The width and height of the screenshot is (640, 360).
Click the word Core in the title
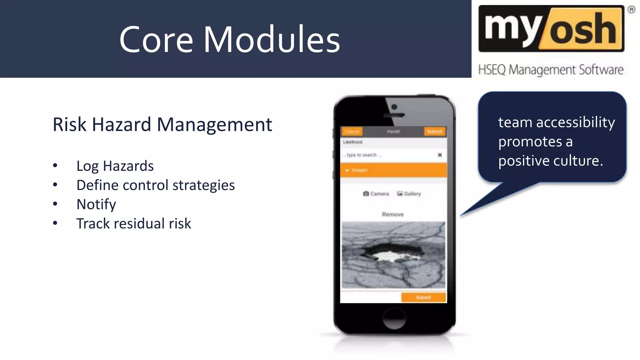156,40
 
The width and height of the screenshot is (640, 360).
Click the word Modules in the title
272,40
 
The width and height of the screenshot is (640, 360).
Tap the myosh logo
551,29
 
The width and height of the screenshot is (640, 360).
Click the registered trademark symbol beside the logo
631,10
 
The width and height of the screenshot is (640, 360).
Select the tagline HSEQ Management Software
551,70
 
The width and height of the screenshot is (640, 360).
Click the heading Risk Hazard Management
162,124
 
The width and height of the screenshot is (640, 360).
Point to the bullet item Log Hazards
115,166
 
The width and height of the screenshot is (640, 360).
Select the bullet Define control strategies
155,185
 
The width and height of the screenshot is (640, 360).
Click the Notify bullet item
96,204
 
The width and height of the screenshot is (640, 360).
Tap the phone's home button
394,318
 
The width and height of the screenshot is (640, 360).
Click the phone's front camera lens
394,107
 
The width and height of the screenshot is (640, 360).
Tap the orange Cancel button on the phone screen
352,132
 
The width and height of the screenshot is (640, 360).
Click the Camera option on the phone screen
376,194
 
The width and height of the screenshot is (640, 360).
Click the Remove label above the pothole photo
393,214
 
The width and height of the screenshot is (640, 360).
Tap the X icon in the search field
440,155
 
